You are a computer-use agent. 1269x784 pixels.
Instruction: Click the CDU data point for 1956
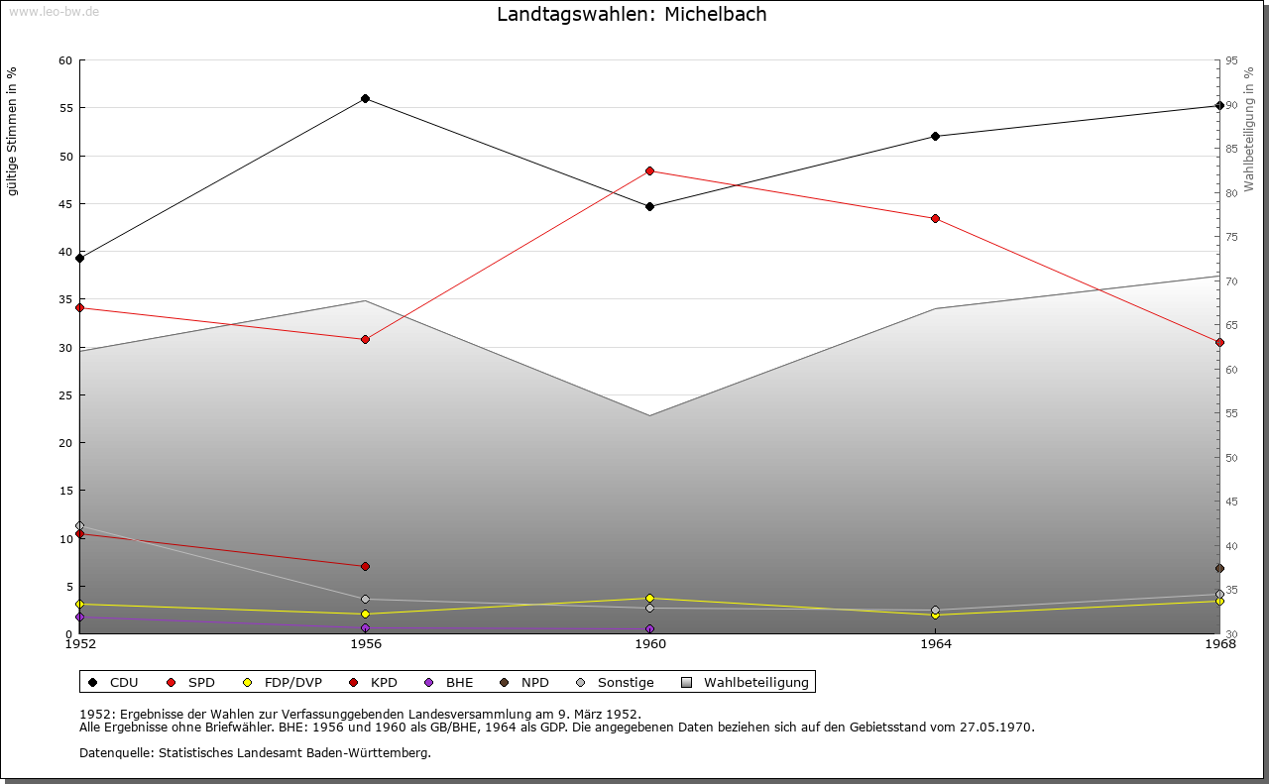366,99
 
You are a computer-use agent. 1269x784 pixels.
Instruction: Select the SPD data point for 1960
650,171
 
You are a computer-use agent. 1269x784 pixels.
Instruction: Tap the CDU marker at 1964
936,137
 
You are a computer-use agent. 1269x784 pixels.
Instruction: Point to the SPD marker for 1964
936,219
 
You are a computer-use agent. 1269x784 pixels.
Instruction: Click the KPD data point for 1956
366,567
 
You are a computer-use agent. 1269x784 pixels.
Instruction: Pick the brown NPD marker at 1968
1219,569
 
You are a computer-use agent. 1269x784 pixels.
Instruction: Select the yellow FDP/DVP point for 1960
650,599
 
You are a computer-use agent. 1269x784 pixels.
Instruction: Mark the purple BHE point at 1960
650,629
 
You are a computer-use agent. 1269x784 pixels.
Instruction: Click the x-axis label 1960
650,645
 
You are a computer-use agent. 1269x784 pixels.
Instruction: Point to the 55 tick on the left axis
65,108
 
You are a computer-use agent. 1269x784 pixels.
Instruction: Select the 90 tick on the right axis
1230,105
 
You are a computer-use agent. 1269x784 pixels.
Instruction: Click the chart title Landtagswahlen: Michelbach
632,15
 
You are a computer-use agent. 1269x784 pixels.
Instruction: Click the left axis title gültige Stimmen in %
13,132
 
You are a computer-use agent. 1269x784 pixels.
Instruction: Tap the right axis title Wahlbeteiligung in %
1249,130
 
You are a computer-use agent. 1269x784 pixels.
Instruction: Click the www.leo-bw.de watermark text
54,11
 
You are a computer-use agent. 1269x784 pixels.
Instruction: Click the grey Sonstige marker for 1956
366,600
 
